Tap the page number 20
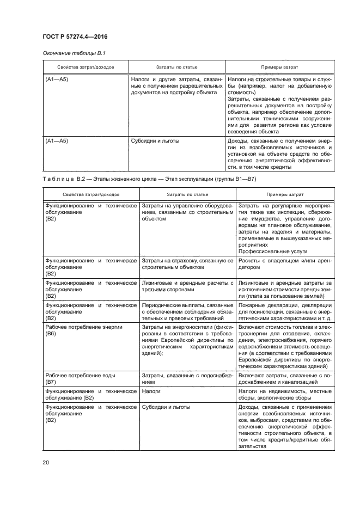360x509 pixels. (46, 463)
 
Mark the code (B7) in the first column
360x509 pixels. (51, 383)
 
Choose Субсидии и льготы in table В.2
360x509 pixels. (164, 406)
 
